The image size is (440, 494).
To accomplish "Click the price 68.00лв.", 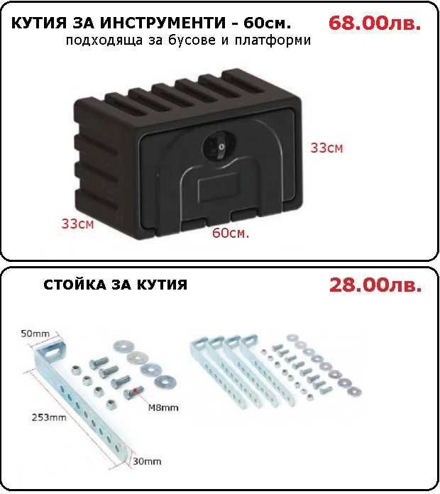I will click(x=375, y=23).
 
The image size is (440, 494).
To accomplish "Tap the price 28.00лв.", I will click(x=375, y=285).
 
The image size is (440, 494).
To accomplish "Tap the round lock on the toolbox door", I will click(x=215, y=147).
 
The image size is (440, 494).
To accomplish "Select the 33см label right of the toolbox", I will click(x=326, y=148).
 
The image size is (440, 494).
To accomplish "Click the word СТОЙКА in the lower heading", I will click(x=77, y=285).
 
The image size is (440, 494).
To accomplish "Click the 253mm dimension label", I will click(x=48, y=417).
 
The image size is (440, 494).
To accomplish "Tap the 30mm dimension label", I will click(x=147, y=461).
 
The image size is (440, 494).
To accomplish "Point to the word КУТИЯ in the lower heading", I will click(x=163, y=285).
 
